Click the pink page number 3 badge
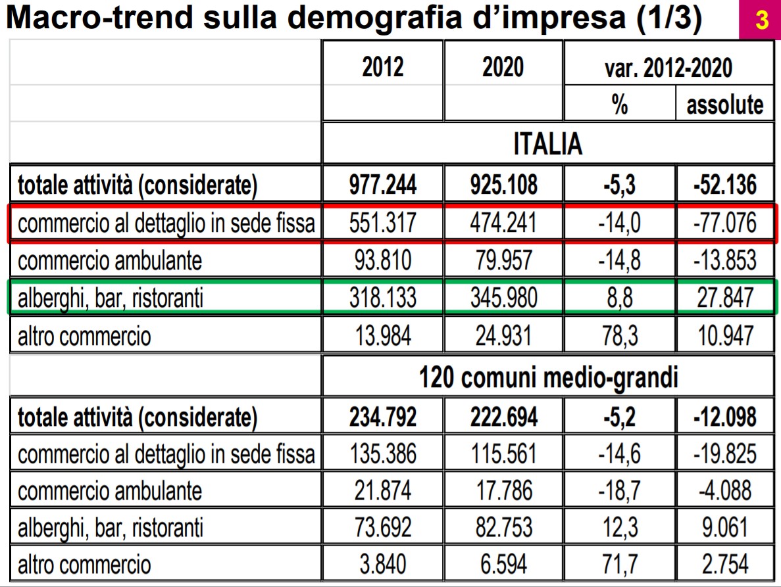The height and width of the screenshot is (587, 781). [762, 20]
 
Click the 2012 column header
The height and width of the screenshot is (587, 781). [383, 67]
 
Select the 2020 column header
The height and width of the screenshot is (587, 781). [503, 67]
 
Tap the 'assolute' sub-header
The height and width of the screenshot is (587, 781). [725, 105]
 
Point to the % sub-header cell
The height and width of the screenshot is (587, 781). [619, 105]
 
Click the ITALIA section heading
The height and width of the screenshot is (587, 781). [547, 144]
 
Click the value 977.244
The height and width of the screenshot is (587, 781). [383, 185]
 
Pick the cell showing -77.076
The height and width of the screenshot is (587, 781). [725, 223]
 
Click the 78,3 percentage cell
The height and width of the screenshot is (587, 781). [619, 337]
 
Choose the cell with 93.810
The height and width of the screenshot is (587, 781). [383, 261]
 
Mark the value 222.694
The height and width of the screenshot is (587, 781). [503, 417]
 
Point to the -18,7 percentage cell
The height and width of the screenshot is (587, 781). [619, 490]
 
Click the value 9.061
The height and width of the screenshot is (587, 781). [725, 527]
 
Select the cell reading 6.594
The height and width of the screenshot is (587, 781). [503, 564]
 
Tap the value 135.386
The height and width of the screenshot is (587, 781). [383, 454]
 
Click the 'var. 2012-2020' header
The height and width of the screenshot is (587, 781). [668, 67]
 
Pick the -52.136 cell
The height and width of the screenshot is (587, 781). [725, 185]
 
